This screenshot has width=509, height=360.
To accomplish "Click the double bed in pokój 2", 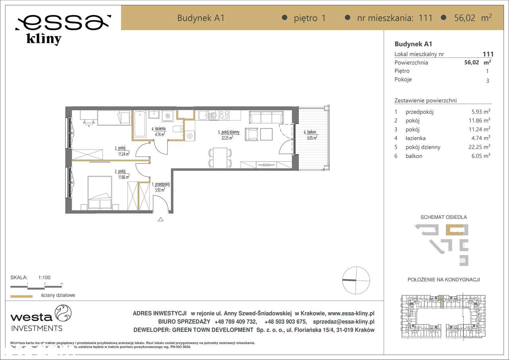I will [99, 193].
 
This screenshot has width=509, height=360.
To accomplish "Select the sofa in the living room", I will [266, 117].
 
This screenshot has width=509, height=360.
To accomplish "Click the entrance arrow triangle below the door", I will [161, 219].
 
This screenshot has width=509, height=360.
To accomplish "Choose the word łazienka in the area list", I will [415, 138].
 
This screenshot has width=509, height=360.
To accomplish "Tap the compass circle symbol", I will [356, 280].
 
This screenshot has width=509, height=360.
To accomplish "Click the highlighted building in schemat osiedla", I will [454, 230].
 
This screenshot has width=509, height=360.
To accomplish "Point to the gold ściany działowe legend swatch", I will [21, 296].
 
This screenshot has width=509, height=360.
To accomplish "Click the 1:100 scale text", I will [44, 278].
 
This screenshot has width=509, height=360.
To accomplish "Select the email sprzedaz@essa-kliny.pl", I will [344, 322].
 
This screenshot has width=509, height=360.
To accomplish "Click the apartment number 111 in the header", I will [425, 18].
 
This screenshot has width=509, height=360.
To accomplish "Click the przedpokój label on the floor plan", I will [161, 185].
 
